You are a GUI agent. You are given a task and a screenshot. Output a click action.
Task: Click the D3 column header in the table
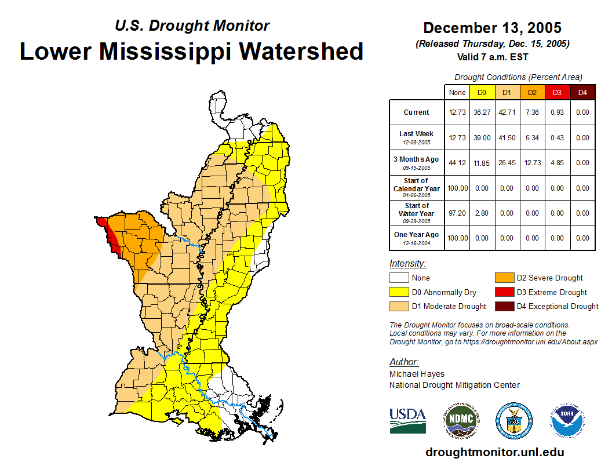557,92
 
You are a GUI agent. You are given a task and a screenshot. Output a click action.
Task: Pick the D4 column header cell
582,92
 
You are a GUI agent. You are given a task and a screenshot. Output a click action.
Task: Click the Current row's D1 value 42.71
507,112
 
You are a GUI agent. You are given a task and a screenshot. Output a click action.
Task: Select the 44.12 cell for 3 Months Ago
457,163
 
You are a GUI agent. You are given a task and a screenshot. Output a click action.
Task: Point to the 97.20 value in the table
457,213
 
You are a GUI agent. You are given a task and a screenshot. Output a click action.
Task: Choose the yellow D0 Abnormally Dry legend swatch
399,292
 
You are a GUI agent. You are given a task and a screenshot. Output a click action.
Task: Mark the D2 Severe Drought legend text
549,278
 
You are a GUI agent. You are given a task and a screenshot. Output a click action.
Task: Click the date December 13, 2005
492,28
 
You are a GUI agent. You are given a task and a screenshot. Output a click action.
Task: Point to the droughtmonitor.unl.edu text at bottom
494,452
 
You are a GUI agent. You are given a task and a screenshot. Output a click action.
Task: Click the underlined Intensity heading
407,263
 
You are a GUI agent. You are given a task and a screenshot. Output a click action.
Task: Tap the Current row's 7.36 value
532,112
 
